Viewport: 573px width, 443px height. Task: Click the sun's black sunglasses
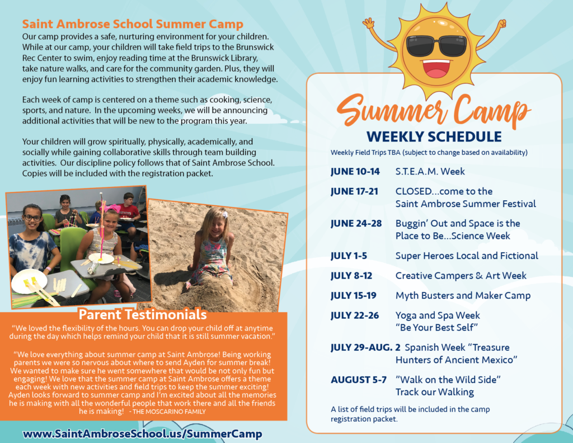(436, 45)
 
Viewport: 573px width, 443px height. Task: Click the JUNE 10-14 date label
(355, 172)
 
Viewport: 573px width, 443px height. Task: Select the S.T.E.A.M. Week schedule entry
(430, 171)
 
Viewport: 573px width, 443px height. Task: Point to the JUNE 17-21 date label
(354, 191)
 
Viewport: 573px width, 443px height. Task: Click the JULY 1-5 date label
(349, 256)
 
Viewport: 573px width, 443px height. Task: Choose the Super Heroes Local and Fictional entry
(467, 256)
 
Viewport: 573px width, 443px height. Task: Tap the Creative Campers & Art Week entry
(461, 276)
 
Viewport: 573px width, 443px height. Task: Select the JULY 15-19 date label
(354, 295)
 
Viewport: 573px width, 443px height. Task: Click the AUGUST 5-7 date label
(359, 380)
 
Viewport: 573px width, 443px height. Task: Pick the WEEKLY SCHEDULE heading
(434, 136)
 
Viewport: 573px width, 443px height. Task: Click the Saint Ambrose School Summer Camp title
(133, 23)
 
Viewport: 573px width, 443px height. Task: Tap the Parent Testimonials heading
(143, 314)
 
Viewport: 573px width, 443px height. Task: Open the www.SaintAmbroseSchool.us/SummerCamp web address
(143, 433)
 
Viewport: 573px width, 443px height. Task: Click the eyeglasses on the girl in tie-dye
(32, 218)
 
